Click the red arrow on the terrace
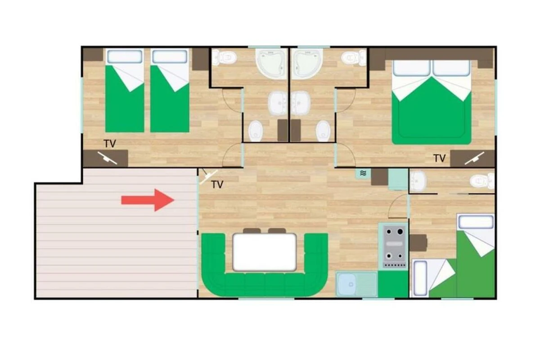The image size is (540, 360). click(x=148, y=200)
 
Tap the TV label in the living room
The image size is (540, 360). click(x=217, y=184)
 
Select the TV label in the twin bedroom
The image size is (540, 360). click(x=110, y=144)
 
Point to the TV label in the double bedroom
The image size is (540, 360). click(x=440, y=158)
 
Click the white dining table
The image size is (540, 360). click(x=265, y=252)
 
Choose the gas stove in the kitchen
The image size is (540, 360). click(x=393, y=247)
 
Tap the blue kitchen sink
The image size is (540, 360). click(x=346, y=284)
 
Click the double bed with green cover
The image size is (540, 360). click(x=432, y=102)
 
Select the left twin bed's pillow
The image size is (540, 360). click(x=125, y=57)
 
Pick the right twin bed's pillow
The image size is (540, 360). click(x=170, y=57)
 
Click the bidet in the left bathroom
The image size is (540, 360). click(x=256, y=131)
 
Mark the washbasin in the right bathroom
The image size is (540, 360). click(x=301, y=103)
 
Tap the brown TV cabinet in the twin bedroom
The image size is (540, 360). click(x=105, y=158)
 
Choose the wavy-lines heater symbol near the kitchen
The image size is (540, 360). click(x=363, y=173)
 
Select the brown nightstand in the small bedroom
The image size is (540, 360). click(x=418, y=243)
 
